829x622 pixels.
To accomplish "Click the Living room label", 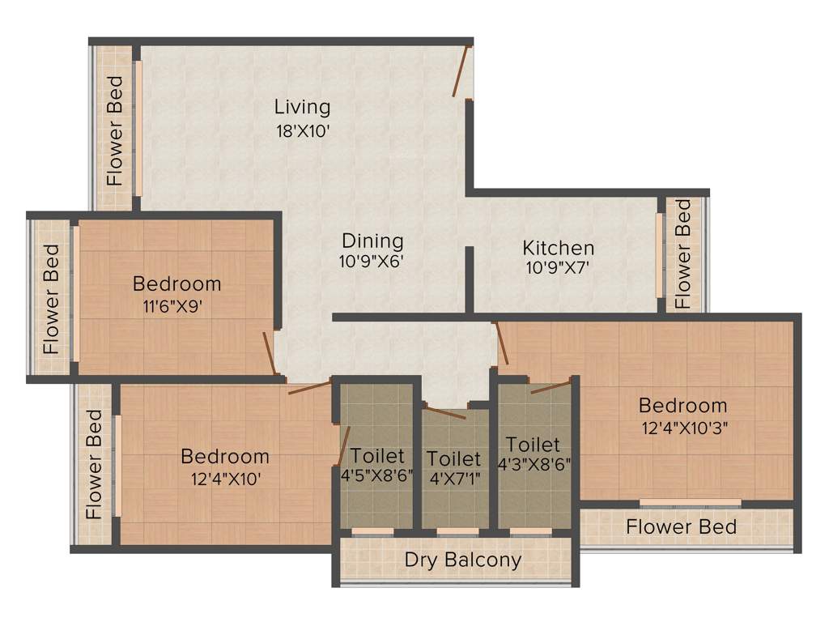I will pos(302,107).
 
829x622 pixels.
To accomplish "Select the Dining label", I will pos(372,241).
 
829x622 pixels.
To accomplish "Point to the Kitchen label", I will pos(558,248).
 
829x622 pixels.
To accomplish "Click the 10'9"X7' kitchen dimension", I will pos(558,267).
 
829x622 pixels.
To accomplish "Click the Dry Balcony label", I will pos(462,560).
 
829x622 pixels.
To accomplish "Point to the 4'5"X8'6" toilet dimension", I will pos(377,475).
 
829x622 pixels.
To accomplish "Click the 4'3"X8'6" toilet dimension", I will pos(534,465).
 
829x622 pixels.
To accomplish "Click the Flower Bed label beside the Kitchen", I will pos(683,254).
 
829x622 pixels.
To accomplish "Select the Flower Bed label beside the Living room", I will pos(115,130).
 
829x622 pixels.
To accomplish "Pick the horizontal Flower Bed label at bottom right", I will pos(681,527).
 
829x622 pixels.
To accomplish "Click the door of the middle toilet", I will pos(446,412).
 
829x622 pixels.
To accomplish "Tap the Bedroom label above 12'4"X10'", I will pos(224,456).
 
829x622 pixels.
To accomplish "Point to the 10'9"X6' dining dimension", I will pos(372,261).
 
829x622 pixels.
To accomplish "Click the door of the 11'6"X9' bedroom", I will pos(270,354).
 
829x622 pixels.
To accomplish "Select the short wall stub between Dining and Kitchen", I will pos(469,279).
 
